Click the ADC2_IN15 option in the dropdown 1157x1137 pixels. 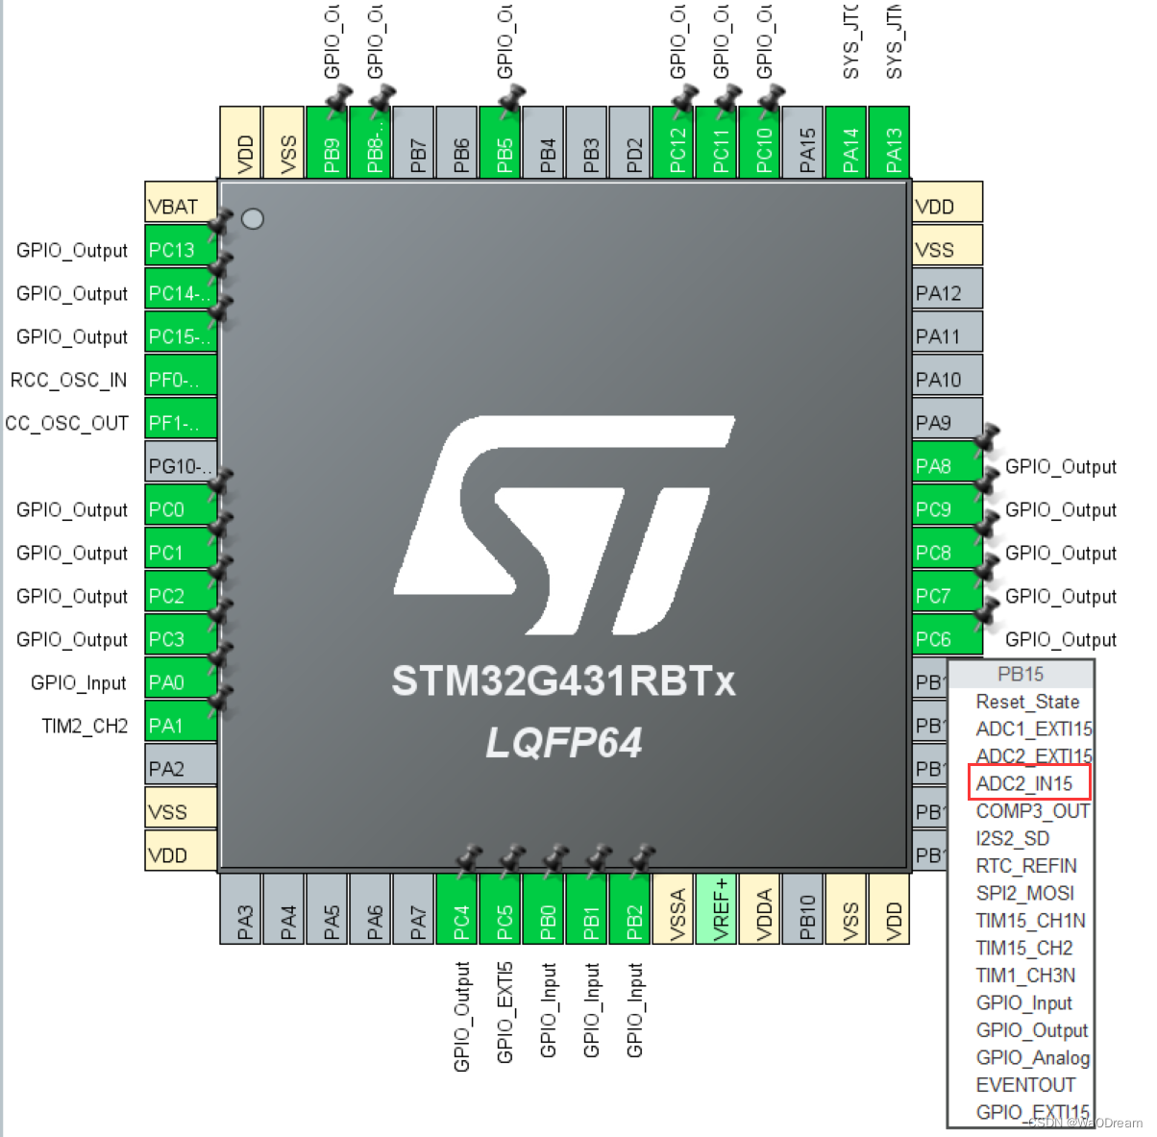1024,783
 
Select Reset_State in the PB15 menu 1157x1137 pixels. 1027,702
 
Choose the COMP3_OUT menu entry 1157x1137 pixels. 1032,811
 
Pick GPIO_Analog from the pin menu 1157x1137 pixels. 1032,1057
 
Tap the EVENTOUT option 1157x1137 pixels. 1025,1084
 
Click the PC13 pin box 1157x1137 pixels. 180,250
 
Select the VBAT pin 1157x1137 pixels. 180,207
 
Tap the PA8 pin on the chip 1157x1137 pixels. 947,466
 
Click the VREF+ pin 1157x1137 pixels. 721,908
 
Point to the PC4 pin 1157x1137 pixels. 461,908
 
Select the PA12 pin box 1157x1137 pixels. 947,293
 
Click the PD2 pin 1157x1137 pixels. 634,142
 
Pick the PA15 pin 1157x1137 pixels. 807,142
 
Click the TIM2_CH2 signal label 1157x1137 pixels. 85,726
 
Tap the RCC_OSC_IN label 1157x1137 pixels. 68,380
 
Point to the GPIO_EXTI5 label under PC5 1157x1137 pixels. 505,1012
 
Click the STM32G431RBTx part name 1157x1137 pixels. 563,681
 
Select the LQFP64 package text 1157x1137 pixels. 563,742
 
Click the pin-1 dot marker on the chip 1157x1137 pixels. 253,219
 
